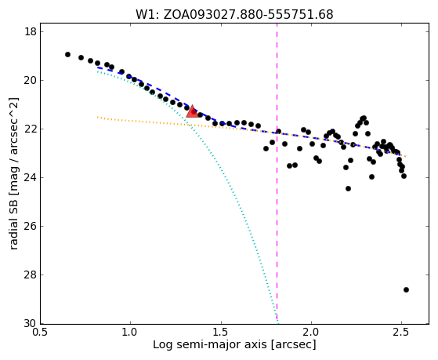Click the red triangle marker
point(192,111)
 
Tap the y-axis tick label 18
point(31,31)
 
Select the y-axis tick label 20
point(31,80)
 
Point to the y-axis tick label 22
point(31,129)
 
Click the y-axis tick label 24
point(31,177)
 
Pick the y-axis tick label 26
point(31,226)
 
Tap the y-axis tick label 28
point(31,275)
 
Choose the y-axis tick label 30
point(31,323)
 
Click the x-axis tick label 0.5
point(40,333)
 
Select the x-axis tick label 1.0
point(130,333)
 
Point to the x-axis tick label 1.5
point(221,333)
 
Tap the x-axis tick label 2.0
point(311,333)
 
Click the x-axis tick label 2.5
point(401,333)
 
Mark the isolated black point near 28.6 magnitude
point(406,289)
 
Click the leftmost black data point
point(67,55)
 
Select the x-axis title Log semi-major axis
point(210,345)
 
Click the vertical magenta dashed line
point(277,173)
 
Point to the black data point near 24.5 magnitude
point(348,188)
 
